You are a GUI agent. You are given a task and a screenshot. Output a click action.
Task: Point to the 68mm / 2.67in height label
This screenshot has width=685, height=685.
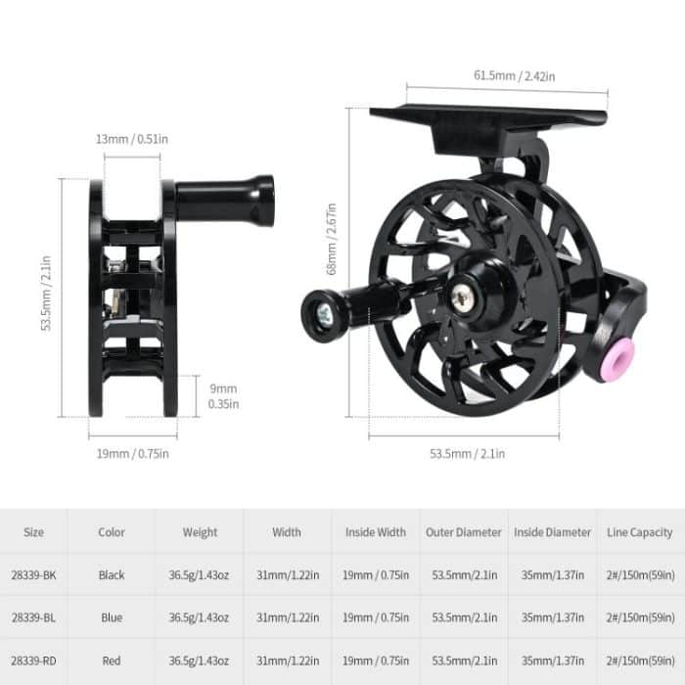(333, 239)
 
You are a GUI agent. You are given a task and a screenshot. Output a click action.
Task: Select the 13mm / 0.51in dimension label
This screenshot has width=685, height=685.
(132, 139)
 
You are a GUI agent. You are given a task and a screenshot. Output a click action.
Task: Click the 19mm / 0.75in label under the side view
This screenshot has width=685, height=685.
(133, 453)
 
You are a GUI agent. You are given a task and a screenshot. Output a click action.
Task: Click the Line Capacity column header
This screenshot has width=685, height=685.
(640, 532)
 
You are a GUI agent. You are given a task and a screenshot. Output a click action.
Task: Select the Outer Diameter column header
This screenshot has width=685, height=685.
(464, 532)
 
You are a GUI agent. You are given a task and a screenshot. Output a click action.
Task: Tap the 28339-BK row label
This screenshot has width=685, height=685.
(33, 575)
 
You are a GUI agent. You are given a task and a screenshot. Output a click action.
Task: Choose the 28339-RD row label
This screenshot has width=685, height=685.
(33, 661)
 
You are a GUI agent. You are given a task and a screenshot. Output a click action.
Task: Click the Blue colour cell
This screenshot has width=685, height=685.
(112, 617)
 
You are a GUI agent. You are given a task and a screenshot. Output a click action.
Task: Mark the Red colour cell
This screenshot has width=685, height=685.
(112, 661)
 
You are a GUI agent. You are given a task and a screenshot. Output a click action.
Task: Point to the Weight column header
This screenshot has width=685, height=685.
(200, 532)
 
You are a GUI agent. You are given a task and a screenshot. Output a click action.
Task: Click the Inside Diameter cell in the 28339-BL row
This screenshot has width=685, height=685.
(553, 617)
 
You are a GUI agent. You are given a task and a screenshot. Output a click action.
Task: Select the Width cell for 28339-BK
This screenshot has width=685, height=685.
(288, 575)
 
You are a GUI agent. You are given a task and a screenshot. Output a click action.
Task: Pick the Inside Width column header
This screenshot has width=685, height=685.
(376, 532)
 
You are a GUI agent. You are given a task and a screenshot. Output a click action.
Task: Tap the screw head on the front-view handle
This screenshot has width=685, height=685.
(324, 312)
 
